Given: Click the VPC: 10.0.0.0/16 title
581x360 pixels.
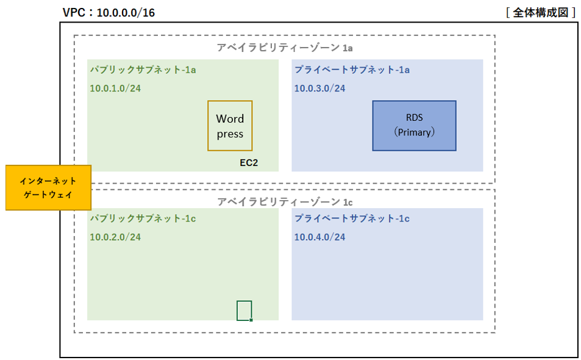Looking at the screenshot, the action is tap(109, 13).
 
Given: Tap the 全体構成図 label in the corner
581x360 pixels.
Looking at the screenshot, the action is tap(541, 13).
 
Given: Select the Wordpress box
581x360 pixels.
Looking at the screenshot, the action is tap(230, 126).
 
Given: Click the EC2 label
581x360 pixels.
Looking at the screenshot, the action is tap(249, 163).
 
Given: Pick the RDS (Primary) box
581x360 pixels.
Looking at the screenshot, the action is tap(414, 126).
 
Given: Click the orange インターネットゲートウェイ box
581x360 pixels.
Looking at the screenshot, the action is tap(49, 187).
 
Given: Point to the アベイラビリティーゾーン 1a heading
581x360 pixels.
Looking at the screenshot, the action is tap(285, 48).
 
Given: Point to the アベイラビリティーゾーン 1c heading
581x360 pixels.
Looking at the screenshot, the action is tap(285, 202).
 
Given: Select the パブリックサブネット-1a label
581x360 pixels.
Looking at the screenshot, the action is tap(143, 70).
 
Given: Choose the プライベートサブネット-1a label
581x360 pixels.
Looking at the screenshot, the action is tap(352, 70).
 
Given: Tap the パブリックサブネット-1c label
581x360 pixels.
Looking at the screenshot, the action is tap(143, 218).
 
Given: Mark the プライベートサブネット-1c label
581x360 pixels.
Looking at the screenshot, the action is tap(352, 218).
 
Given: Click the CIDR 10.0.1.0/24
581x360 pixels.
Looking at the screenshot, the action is tap(115, 88).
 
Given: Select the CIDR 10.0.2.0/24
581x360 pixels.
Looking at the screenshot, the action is tap(115, 237).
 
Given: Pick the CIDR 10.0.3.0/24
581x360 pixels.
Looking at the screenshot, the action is tap(320, 88).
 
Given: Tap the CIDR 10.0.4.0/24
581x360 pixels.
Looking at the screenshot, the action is tap(320, 237).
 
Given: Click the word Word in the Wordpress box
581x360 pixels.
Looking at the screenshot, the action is tap(230, 118).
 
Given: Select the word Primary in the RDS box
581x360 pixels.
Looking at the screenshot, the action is tap(414, 132).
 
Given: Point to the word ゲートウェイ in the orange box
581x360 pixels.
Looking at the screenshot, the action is tap(48, 195).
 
